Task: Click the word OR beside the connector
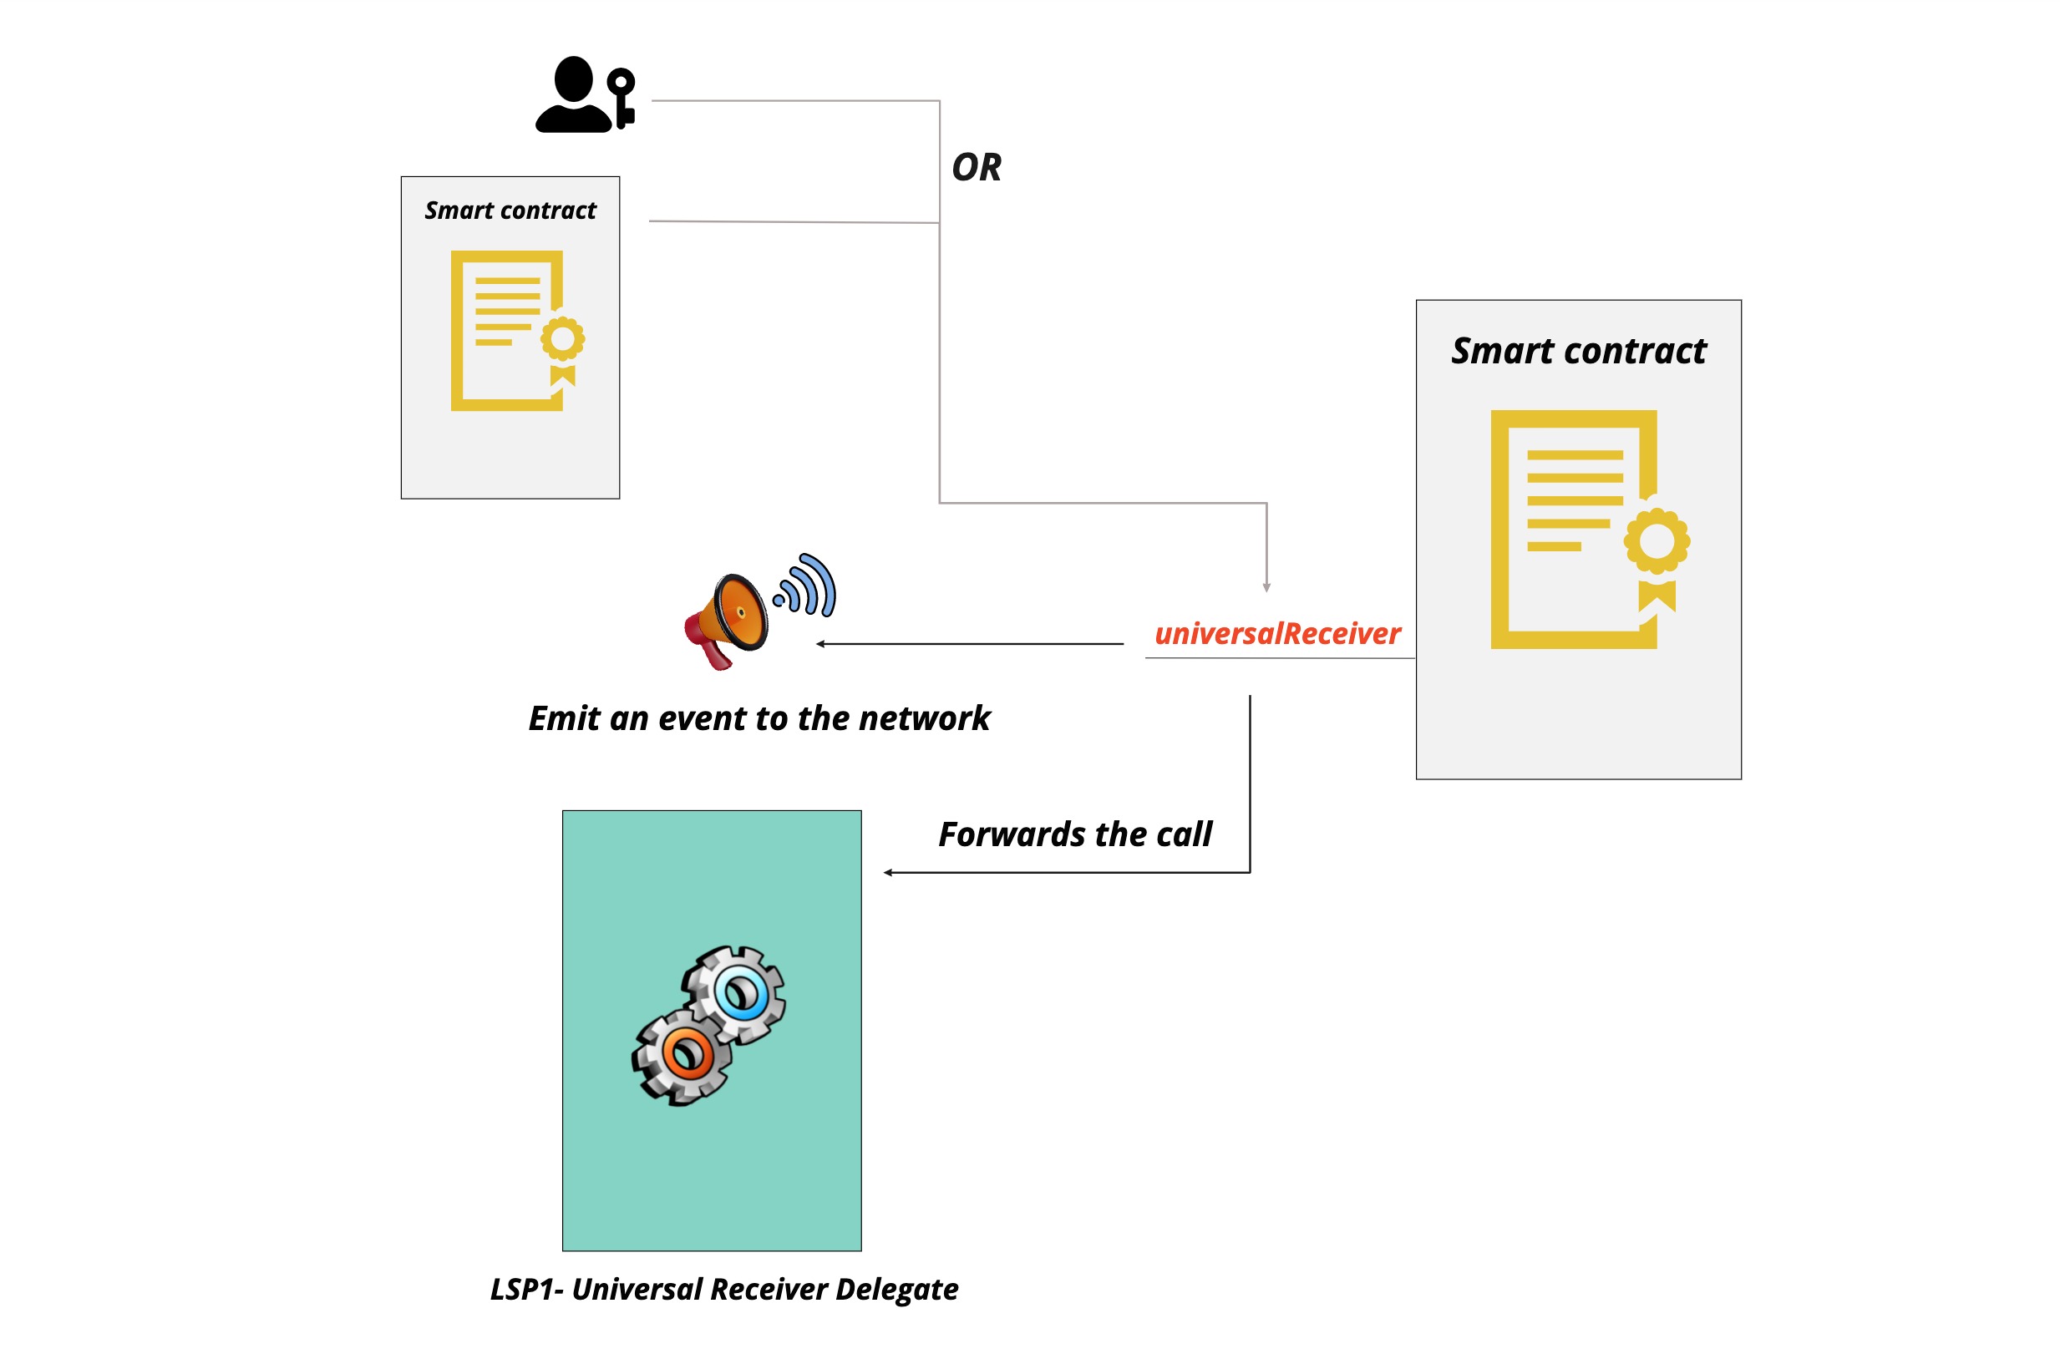976,167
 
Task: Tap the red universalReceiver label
1276,634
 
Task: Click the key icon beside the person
622,98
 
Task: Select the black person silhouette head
573,79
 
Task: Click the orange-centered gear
686,1056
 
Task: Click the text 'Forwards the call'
1074,834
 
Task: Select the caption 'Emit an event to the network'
759,718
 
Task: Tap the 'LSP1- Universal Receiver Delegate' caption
723,1289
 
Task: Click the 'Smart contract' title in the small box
510,210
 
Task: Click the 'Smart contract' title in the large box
1578,351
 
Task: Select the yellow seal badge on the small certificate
562,338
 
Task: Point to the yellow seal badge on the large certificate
1657,541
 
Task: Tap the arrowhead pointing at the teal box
888,873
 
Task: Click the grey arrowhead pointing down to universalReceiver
1266,588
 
